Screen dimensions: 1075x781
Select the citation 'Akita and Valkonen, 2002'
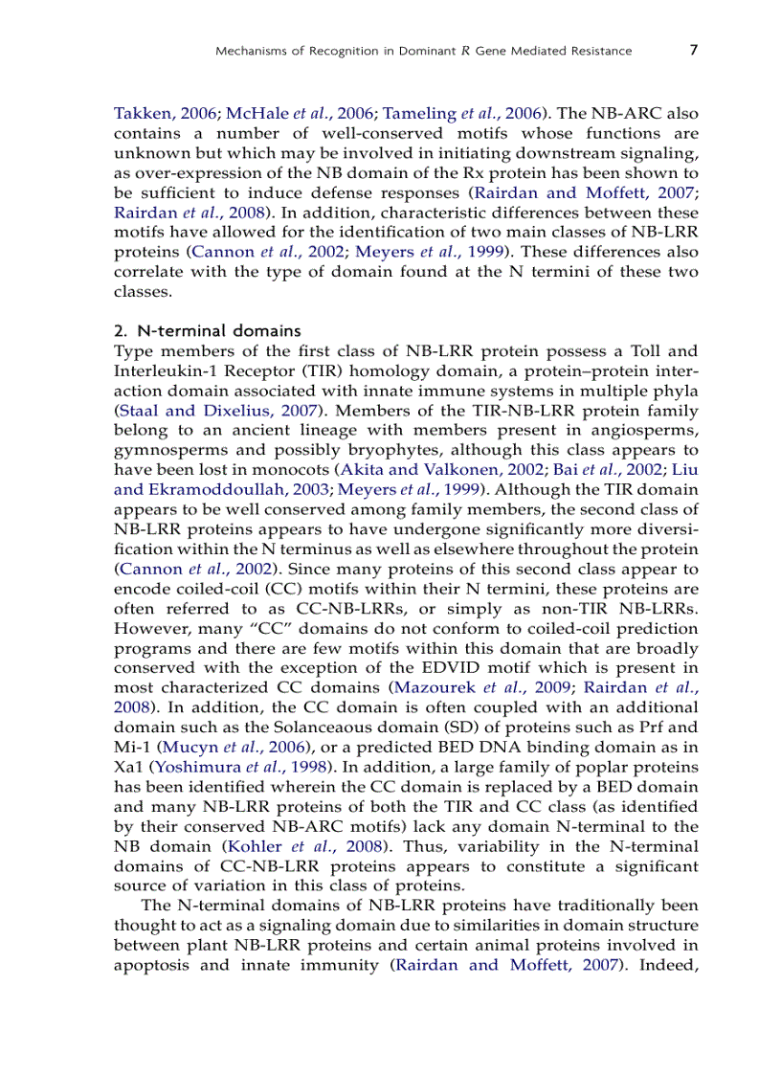pos(442,470)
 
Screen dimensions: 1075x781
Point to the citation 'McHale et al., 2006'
pos(297,111)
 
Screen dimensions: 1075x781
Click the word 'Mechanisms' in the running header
pos(252,51)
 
